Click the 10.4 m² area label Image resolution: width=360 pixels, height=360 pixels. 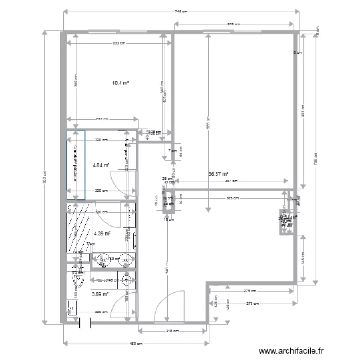(x=121, y=83)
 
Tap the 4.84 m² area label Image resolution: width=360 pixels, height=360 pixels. (x=101, y=166)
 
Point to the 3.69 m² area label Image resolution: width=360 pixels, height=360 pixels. (x=100, y=295)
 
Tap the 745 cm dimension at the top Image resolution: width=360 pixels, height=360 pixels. (x=178, y=12)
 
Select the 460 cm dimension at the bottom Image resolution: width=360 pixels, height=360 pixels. (x=137, y=343)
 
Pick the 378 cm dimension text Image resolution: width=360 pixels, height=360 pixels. (x=233, y=24)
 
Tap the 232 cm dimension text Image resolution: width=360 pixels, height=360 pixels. (x=119, y=43)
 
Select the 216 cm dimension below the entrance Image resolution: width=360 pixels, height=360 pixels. (x=173, y=330)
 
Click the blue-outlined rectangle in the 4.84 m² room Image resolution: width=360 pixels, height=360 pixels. (x=76, y=164)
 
